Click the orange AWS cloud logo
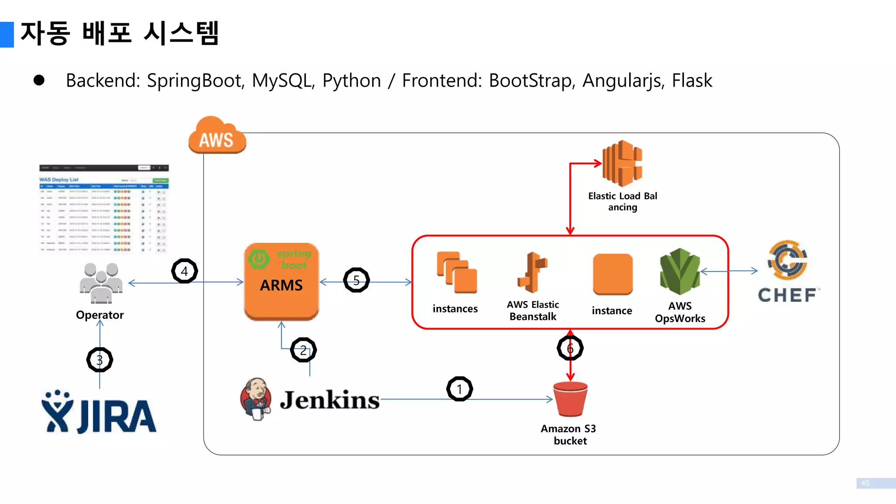(x=217, y=136)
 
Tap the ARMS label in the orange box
(x=281, y=285)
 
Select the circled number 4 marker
(x=185, y=271)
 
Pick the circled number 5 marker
(x=357, y=280)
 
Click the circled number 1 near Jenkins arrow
(x=459, y=389)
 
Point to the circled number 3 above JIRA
(x=100, y=360)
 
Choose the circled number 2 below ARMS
(x=303, y=350)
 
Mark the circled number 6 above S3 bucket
(x=570, y=348)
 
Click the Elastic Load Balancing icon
(x=622, y=164)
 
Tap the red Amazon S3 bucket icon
(x=570, y=399)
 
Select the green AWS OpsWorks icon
(x=680, y=272)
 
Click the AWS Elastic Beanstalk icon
(x=532, y=272)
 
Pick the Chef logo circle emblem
(x=787, y=260)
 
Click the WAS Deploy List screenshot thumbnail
(x=104, y=209)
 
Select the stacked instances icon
(x=456, y=272)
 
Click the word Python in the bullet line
(x=351, y=81)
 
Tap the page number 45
(x=865, y=483)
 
